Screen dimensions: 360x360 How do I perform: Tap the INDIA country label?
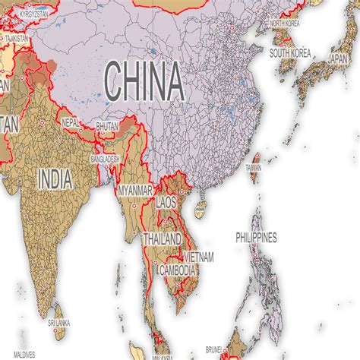(x=55, y=179)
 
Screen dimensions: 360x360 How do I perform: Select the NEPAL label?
(x=71, y=122)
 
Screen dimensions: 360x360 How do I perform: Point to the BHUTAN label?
(x=107, y=127)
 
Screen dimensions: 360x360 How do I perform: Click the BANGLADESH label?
(x=105, y=159)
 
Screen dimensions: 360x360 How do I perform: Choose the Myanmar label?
(x=134, y=190)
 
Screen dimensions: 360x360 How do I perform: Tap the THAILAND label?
(x=162, y=239)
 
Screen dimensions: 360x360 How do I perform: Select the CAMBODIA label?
(x=178, y=270)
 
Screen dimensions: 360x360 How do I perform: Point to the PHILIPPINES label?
(x=256, y=238)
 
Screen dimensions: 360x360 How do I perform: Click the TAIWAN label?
(x=253, y=167)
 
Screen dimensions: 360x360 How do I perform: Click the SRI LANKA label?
(x=58, y=323)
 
